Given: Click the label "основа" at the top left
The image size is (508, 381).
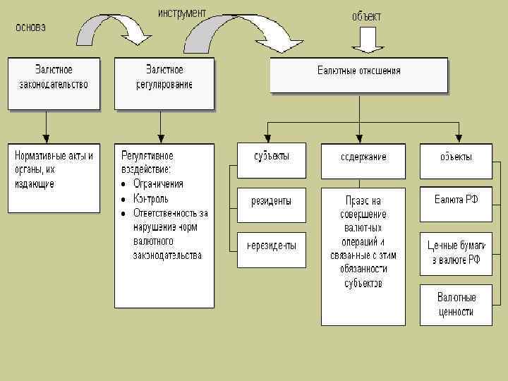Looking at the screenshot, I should tap(30, 28).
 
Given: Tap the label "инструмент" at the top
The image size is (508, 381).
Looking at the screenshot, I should tap(182, 13).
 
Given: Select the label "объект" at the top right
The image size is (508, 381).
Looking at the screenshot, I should tap(366, 16).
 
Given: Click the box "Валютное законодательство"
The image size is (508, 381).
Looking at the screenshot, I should tap(54, 83).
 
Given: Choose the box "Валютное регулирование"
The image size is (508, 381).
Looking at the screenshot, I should tap(164, 83).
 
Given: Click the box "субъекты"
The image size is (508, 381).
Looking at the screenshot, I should tap(271, 159).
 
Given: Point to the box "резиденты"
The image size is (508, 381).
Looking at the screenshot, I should tap(271, 205).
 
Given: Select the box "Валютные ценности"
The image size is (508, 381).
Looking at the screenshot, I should tap(456, 305).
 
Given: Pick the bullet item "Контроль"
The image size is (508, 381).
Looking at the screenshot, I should tap(150, 198).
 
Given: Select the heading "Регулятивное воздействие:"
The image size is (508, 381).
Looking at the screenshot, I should tap(147, 162).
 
